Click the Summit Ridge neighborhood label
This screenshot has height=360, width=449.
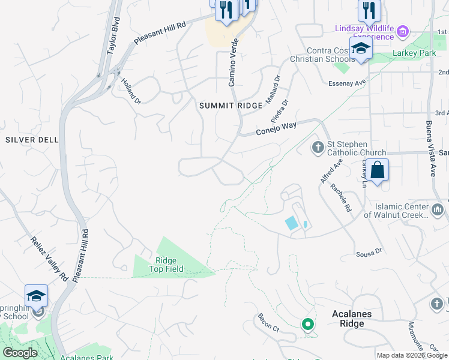pos(231,106)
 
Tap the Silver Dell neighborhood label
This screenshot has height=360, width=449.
pos(32,139)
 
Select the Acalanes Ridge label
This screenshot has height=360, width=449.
pos(352,319)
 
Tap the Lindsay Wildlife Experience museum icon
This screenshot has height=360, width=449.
pos(403,31)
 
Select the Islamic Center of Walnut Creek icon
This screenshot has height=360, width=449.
pos(437,210)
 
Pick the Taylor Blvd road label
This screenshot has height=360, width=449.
pos(113,39)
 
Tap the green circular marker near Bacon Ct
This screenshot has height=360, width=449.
pos(308,325)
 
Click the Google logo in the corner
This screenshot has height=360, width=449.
pos(20,353)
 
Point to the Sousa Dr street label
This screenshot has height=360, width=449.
pos(369,254)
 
